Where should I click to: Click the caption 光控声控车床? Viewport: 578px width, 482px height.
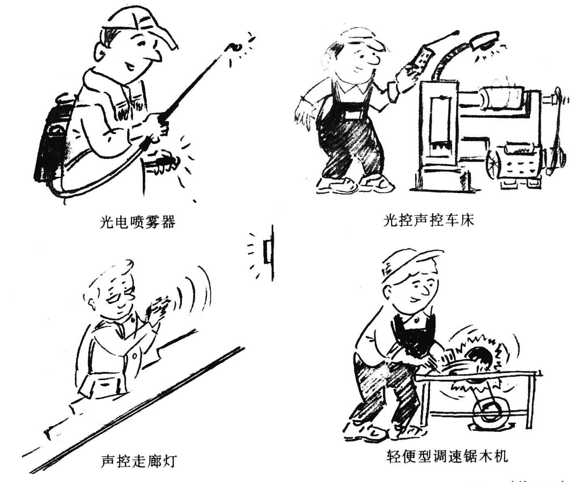[x=428, y=221]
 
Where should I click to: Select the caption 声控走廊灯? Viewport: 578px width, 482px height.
[x=138, y=461]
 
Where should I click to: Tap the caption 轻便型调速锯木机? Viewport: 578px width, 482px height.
[x=447, y=456]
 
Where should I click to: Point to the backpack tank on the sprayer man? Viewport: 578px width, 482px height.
[x=51, y=143]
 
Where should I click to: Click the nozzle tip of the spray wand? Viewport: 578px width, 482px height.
[x=236, y=47]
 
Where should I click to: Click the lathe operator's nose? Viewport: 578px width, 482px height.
[x=373, y=61]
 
